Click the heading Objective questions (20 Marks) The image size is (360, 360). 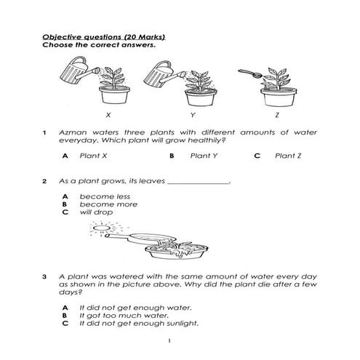(103, 36)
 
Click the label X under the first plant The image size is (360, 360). (108, 115)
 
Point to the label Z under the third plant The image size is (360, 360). (277, 115)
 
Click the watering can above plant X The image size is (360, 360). (73, 73)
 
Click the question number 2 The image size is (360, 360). (44, 181)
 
